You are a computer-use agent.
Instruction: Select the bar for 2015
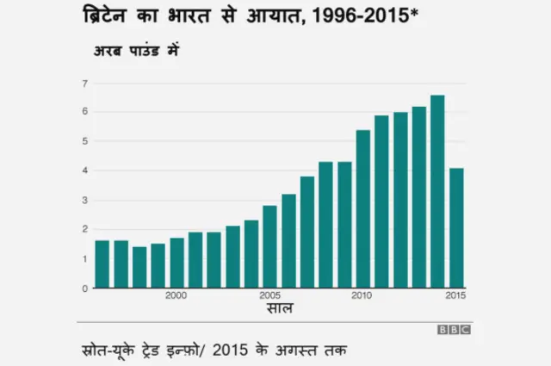pyautogui.click(x=456, y=228)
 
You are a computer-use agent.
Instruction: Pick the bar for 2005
pyautogui.click(x=269, y=246)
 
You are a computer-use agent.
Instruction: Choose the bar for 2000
pyautogui.click(x=176, y=263)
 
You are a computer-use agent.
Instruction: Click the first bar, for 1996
pyautogui.click(x=102, y=264)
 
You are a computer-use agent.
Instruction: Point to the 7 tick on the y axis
pyautogui.click(x=84, y=84)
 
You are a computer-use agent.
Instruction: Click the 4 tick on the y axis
pyautogui.click(x=84, y=171)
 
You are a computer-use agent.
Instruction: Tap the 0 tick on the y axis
pyautogui.click(x=84, y=288)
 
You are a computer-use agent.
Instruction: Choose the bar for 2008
pyautogui.click(x=325, y=225)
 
